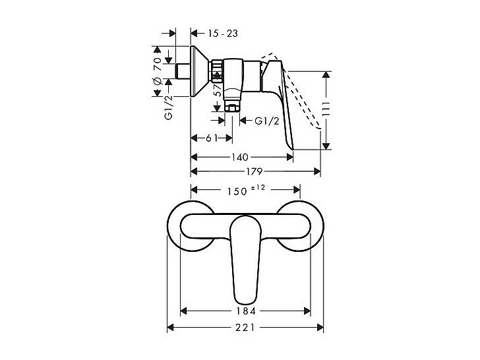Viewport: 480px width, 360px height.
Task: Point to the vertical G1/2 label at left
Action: (168, 107)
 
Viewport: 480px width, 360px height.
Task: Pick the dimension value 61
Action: (211, 138)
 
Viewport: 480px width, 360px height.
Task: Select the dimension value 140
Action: (241, 157)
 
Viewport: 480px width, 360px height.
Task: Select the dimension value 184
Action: (245, 310)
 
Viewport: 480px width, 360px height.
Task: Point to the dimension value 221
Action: (245, 327)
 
